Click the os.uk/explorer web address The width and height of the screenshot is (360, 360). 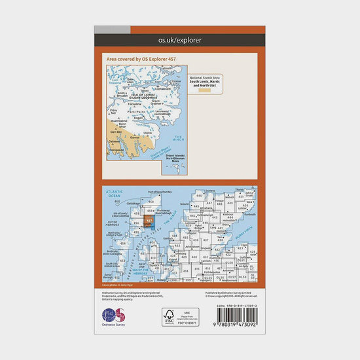[x=179, y=41]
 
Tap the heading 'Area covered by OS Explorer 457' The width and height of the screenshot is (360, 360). [x=141, y=59]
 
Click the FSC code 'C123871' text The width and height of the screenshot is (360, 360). [x=190, y=323]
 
